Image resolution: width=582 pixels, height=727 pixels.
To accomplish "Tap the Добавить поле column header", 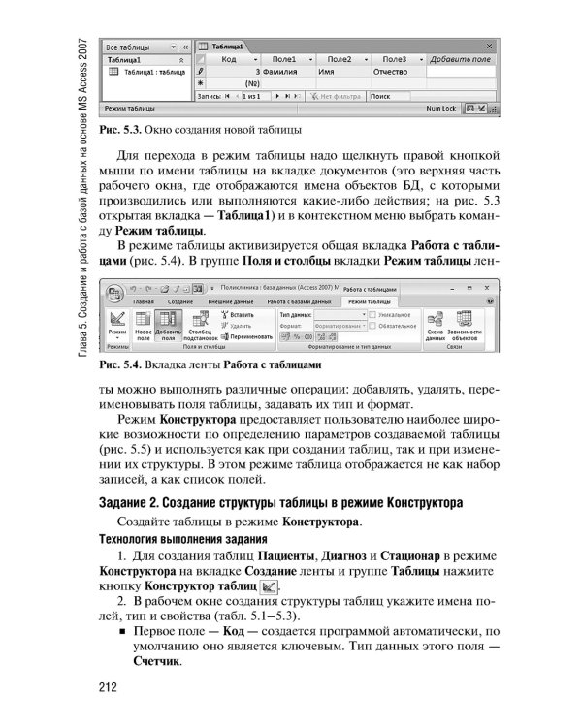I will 461,59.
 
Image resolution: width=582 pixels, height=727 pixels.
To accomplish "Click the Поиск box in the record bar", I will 398,97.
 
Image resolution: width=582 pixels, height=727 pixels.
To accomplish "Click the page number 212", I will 109,689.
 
